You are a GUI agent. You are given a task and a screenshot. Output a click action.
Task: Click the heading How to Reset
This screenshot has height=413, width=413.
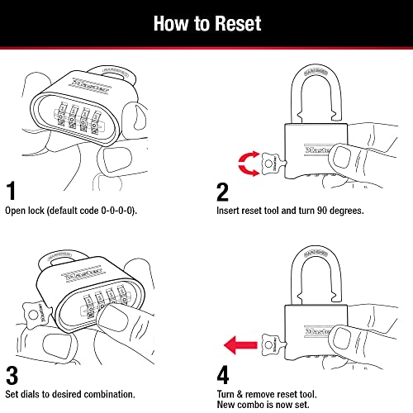pyautogui.click(x=206, y=22)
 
